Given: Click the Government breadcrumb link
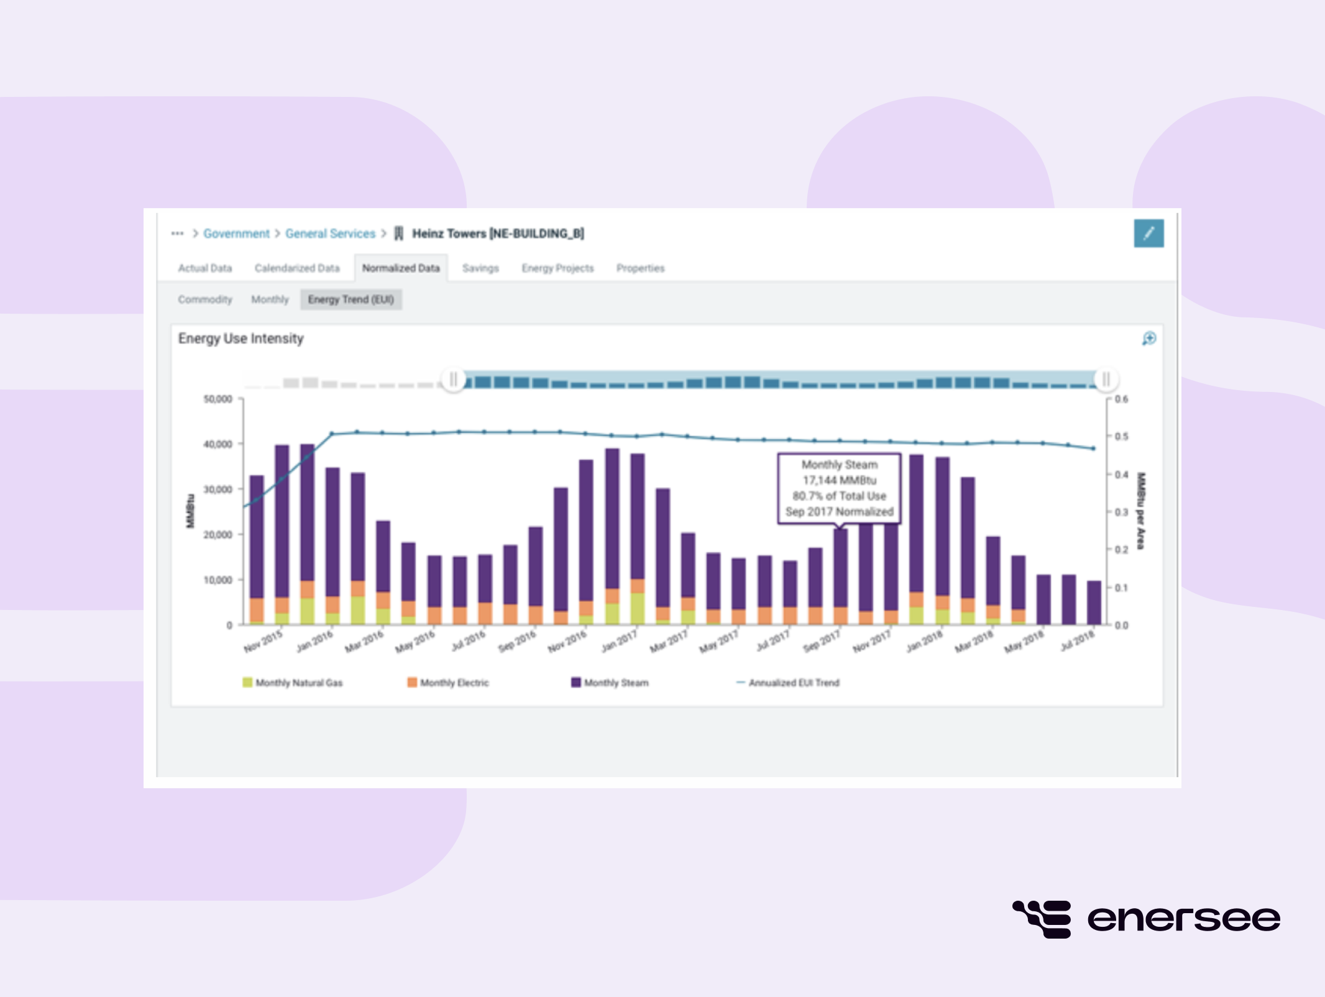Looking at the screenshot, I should click(x=236, y=234).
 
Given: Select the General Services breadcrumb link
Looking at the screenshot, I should click(x=330, y=234).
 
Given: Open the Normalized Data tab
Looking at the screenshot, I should click(x=401, y=268).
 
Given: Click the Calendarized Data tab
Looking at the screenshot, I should click(x=297, y=268).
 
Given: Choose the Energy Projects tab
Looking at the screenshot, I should click(x=557, y=268).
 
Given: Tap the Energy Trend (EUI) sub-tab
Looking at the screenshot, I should click(x=351, y=299).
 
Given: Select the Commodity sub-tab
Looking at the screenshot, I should click(x=205, y=299).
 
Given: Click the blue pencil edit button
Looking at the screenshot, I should click(x=1148, y=234).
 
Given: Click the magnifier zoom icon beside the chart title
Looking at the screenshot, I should click(x=1148, y=339).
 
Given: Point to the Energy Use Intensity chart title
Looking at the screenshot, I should click(x=241, y=339).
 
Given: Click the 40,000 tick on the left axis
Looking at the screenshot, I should click(x=218, y=444).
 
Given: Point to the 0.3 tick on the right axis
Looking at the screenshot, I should click(x=1121, y=512).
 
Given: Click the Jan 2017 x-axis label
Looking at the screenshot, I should click(x=619, y=640).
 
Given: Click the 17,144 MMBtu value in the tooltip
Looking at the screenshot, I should click(x=839, y=480).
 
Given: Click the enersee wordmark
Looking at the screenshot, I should click(x=1183, y=919).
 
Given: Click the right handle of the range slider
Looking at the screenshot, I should click(x=1106, y=379).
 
